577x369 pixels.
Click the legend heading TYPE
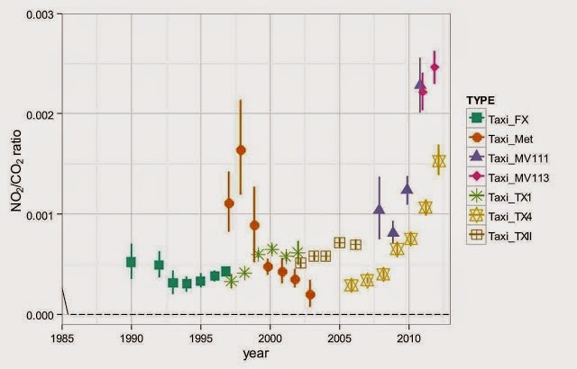tap(483, 99)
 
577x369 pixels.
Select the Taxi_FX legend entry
tap(515, 118)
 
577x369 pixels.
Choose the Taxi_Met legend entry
tap(517, 138)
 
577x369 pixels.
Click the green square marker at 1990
tap(131, 262)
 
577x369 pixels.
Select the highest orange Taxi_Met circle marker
tap(241, 150)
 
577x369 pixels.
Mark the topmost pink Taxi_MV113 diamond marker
tap(435, 67)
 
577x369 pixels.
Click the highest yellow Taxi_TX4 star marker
tap(438, 162)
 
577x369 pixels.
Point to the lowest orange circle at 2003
tap(310, 294)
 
